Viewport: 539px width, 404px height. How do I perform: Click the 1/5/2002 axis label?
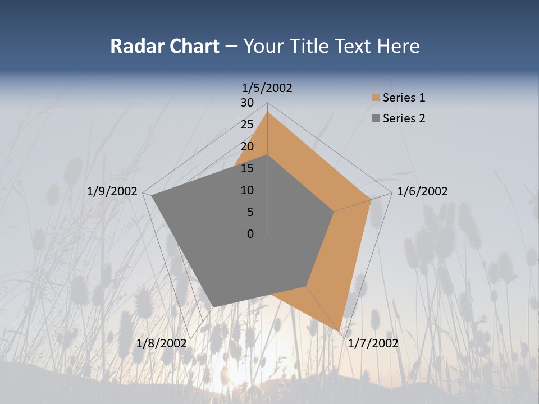point(267,88)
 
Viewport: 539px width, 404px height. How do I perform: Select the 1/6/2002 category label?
point(422,191)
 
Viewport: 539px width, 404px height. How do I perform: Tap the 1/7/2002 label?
point(373,343)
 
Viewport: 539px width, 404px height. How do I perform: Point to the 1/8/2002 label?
point(161,343)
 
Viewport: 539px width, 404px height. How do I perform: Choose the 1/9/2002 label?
point(112,191)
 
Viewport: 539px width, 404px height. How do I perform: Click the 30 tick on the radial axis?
point(246,103)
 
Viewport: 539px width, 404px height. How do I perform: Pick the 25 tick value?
point(246,125)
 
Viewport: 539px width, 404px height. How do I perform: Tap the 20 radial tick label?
point(246,146)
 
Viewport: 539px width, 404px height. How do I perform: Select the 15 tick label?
point(246,168)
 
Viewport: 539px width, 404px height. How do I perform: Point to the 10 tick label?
point(246,190)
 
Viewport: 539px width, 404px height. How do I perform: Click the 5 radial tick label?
point(250,212)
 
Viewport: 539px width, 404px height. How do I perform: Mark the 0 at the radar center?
point(250,234)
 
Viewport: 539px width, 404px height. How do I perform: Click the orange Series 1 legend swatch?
point(376,98)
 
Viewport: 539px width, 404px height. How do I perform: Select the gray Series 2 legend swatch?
point(376,118)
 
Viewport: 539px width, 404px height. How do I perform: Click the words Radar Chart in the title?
point(165,46)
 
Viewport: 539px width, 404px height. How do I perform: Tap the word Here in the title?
point(398,46)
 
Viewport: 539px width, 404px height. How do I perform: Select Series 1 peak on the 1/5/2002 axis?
point(267,112)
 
